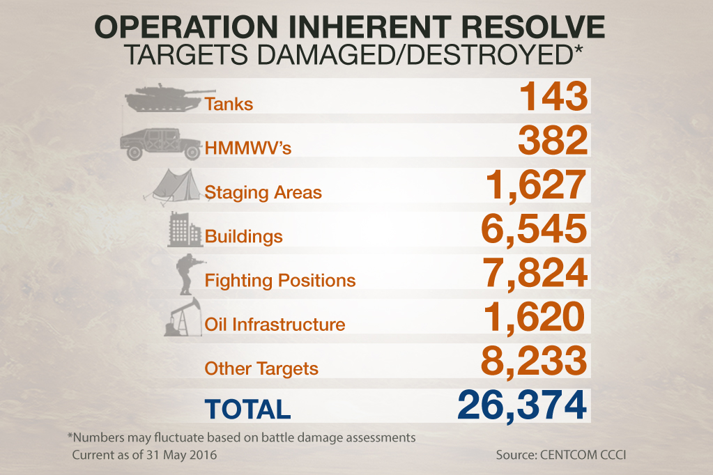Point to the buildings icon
click(185, 231)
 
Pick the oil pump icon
click(183, 318)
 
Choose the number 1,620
click(534, 317)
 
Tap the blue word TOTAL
click(247, 409)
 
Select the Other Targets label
click(261, 368)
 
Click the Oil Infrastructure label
click(275, 325)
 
